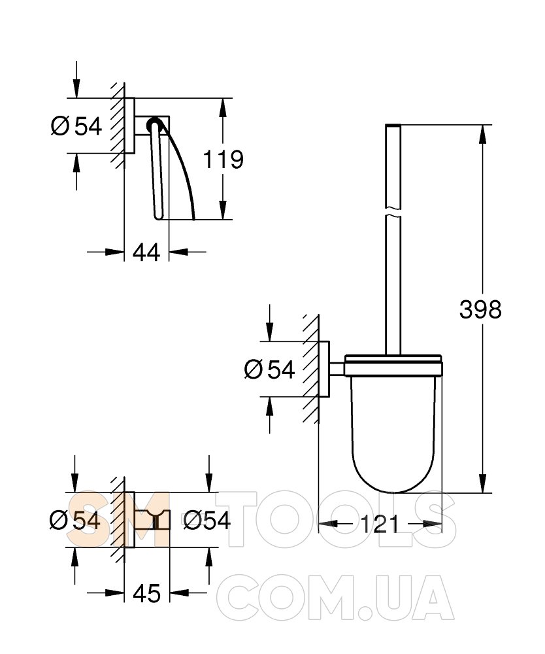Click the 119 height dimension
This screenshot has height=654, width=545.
click(x=223, y=160)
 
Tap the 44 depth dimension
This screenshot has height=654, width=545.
click(x=146, y=252)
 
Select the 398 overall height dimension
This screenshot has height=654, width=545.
click(x=480, y=309)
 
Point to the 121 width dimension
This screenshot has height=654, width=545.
click(x=380, y=524)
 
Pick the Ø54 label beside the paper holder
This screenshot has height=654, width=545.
click(x=76, y=126)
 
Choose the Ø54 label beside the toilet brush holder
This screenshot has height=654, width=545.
click(x=270, y=369)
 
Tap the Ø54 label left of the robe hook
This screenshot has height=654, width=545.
click(x=75, y=520)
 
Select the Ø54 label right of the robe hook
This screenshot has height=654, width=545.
click(x=207, y=520)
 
